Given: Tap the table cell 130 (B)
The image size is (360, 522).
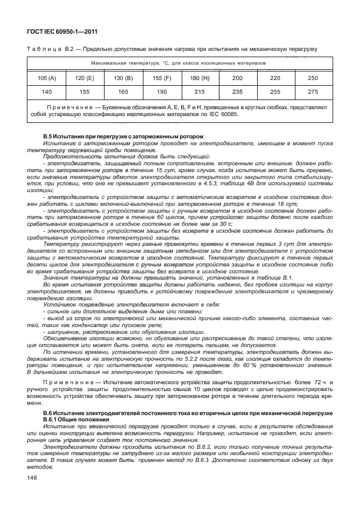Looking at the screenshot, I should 124,77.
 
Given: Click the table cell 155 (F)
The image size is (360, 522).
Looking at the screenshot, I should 163,77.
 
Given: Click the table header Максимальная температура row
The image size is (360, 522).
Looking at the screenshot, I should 179,63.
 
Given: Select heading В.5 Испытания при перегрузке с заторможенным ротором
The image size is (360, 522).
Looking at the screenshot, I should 123,137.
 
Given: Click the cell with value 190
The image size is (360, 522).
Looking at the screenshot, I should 163,91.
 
